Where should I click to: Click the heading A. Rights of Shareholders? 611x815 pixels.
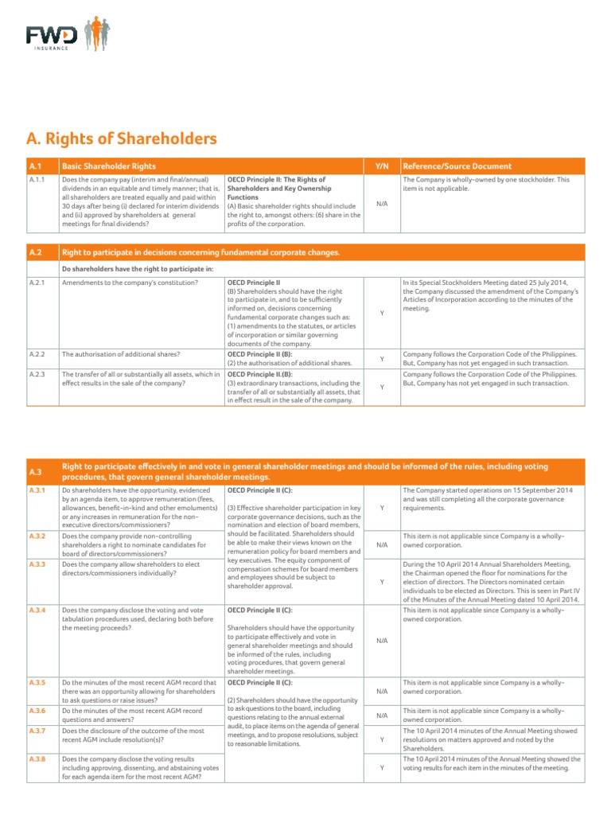(121, 138)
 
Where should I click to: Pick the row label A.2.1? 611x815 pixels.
(37, 283)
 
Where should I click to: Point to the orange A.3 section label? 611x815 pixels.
(37, 472)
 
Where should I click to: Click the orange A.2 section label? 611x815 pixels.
(37, 253)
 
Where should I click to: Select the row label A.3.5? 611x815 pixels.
(37, 683)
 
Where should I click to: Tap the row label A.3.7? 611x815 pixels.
(37, 730)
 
